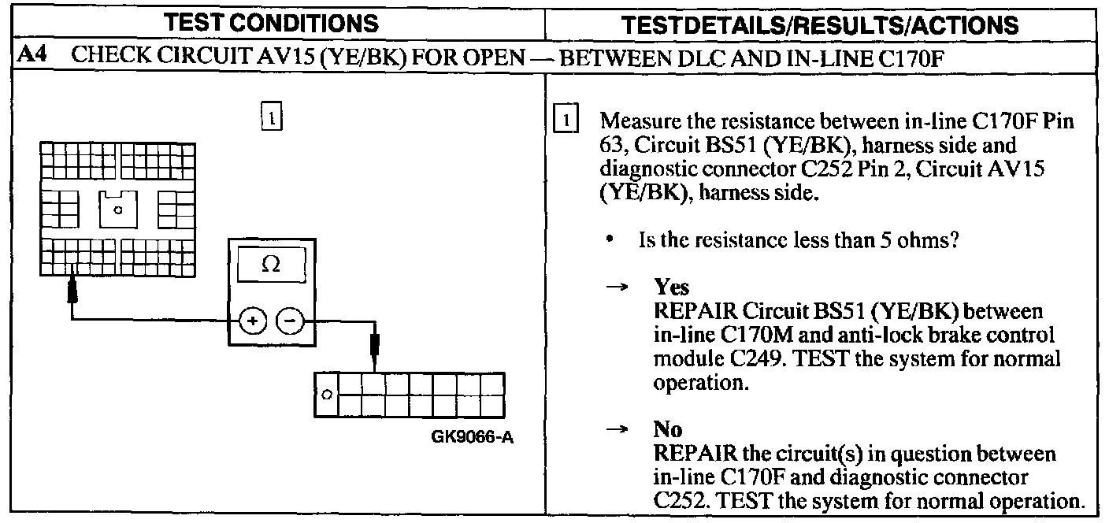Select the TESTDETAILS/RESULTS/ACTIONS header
pyautogui.click(x=826, y=24)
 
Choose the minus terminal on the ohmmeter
pyautogui.click(x=288, y=322)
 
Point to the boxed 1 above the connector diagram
pyautogui.click(x=270, y=117)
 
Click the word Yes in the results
pyautogui.click(x=671, y=288)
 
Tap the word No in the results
pyautogui.click(x=667, y=430)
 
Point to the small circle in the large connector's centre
pyautogui.click(x=117, y=210)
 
